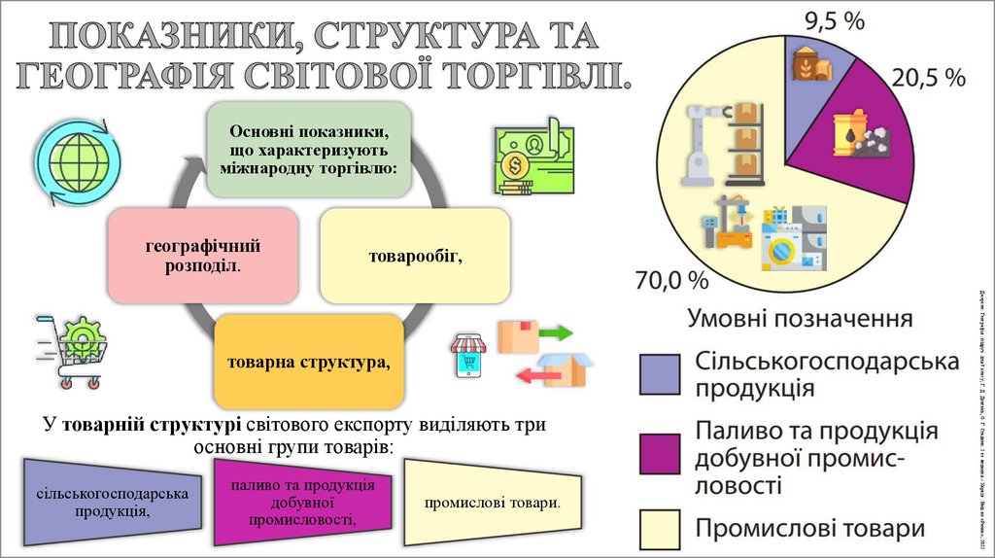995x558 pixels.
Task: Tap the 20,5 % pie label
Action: [929, 78]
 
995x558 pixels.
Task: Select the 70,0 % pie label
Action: [671, 281]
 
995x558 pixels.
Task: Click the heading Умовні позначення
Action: [800, 319]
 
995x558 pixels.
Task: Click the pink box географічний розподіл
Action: [203, 255]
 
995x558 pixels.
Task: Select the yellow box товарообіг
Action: [414, 255]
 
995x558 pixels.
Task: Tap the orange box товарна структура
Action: [309, 362]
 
